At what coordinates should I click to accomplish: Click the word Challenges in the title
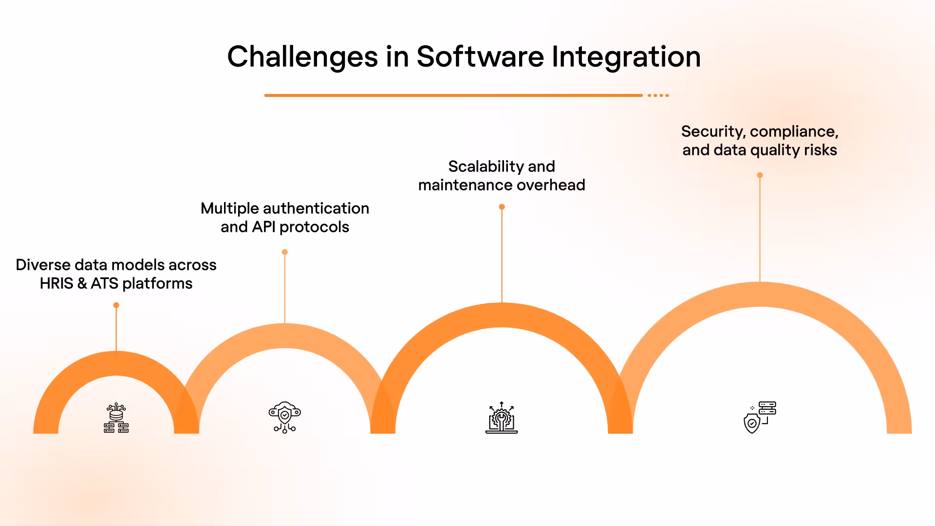[x=302, y=57]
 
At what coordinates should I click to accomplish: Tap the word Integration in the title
[x=626, y=57]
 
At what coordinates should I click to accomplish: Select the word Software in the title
[x=480, y=57]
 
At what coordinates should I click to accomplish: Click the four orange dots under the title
[x=658, y=95]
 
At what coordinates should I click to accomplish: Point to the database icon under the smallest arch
[x=116, y=418]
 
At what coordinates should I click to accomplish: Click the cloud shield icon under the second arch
[x=285, y=417]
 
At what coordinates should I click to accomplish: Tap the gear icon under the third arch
[x=502, y=418]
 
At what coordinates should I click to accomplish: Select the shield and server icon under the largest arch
[x=760, y=417]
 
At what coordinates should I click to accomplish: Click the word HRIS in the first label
[x=56, y=283]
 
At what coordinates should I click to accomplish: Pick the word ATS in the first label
[x=104, y=283]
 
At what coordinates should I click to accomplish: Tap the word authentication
[x=316, y=208]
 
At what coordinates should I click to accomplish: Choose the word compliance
[x=794, y=131]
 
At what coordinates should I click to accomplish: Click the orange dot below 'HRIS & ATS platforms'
[x=116, y=305]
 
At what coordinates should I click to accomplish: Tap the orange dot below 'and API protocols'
[x=285, y=252]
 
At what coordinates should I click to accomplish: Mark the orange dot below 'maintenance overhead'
[x=502, y=207]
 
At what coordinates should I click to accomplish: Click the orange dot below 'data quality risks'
[x=760, y=175]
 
